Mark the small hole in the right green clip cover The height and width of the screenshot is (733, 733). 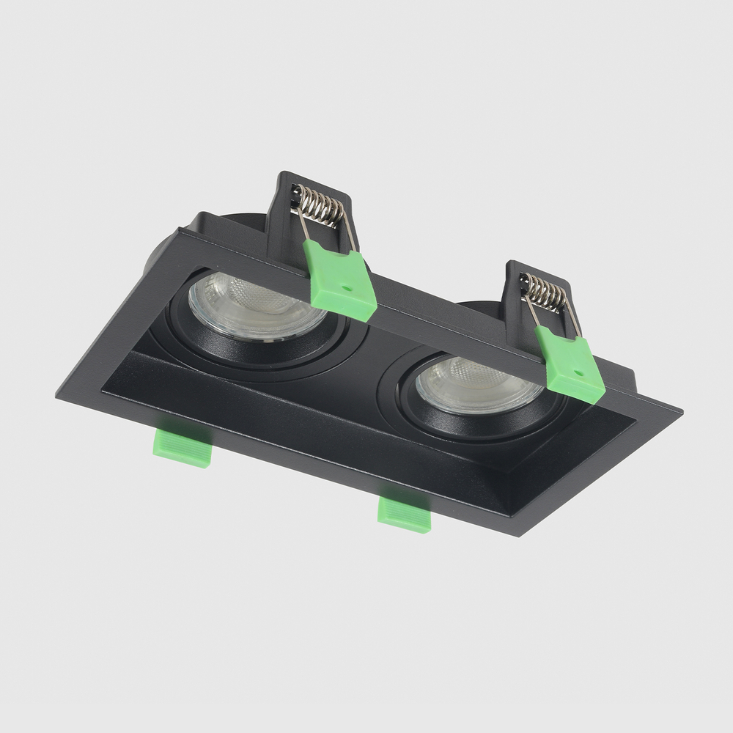tap(578, 372)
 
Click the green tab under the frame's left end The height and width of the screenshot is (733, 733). tap(183, 447)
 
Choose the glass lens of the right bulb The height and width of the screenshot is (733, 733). tap(479, 385)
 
